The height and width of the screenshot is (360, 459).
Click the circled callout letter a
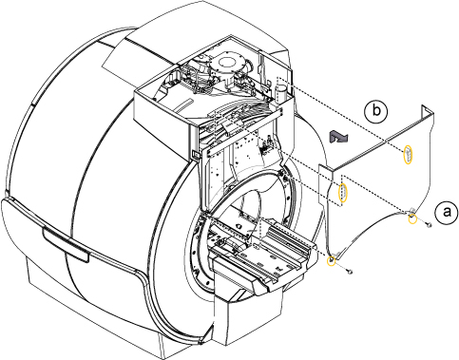pos(446,213)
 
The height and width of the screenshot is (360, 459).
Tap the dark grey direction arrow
pos(338,137)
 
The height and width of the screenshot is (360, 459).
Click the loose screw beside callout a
pos(429,225)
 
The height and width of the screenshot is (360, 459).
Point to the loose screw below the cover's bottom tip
pos(350,272)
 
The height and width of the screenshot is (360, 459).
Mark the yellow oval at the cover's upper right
pos(408,155)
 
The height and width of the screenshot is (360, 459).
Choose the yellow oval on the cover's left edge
pos(342,193)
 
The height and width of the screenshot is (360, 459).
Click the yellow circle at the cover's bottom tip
pos(331,261)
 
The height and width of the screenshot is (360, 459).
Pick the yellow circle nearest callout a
pos(412,218)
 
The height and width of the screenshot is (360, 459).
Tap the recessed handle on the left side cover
pos(66,245)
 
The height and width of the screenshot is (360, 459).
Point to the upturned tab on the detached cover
pos(426,111)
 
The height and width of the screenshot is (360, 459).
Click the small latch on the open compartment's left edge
pos(194,154)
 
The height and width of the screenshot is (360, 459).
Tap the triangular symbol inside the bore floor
pos(239,227)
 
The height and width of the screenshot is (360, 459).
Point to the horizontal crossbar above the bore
pos(244,132)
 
